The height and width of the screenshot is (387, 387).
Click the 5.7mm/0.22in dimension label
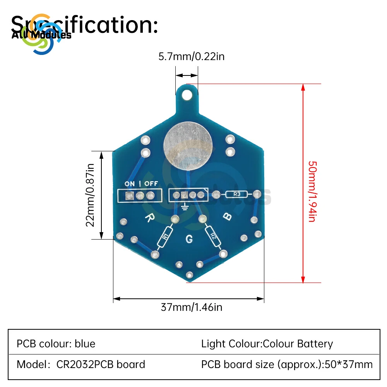(191, 57)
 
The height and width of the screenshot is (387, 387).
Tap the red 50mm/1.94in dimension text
(312, 191)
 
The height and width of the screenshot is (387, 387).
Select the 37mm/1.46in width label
(191, 307)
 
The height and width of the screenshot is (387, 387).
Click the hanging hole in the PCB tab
(187, 94)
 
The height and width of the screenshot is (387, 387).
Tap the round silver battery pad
(188, 146)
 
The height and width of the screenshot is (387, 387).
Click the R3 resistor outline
(238, 195)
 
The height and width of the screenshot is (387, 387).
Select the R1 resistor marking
(166, 235)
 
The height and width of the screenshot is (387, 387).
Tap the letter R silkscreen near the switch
(148, 218)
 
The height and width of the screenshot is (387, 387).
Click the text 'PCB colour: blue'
(56, 344)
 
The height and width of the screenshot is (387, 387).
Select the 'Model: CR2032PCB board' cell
(81, 364)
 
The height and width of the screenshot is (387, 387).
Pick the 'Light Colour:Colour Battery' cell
(267, 344)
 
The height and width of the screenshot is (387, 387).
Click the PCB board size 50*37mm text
(287, 364)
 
